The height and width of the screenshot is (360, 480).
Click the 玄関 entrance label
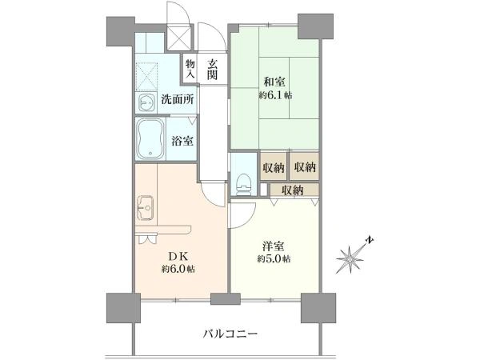coord(212,70)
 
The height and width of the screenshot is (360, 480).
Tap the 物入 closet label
coord(190,70)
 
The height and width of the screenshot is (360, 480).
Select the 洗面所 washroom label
coord(178,99)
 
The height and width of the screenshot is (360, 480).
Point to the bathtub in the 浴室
coord(150,139)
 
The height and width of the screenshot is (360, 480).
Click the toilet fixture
coord(244,184)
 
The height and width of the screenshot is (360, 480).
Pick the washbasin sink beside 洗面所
coord(146,102)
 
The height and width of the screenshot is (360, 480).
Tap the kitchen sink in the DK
coord(145,208)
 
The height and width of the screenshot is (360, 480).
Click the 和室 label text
coord(274,82)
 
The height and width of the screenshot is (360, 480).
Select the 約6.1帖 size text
coord(275,95)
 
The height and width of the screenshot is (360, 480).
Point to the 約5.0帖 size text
coord(274,259)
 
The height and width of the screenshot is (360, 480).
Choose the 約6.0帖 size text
coord(178,269)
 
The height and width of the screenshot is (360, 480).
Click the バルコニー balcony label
coord(230,334)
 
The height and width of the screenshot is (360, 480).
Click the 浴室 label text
coord(182,141)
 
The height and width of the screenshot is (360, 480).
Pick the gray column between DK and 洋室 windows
coord(226,298)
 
